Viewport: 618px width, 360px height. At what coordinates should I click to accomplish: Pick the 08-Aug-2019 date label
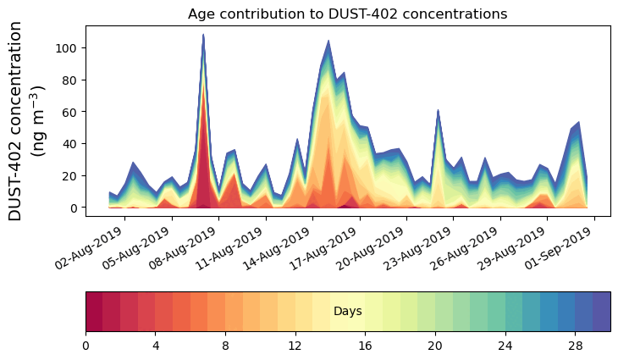(185, 247)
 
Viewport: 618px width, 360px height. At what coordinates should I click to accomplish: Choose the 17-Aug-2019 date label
(326, 247)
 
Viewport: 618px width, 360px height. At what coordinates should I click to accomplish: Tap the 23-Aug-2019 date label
(420, 247)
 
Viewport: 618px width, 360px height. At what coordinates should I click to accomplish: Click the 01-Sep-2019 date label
(561, 247)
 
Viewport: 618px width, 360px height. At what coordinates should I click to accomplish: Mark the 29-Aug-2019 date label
(514, 247)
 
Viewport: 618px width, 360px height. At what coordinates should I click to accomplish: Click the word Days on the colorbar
(348, 312)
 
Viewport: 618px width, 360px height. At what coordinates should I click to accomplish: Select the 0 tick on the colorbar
(86, 346)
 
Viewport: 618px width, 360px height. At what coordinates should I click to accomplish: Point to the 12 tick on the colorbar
(295, 346)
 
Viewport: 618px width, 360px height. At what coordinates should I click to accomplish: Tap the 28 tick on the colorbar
(575, 346)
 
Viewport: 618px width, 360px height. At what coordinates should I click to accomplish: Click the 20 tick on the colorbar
(435, 346)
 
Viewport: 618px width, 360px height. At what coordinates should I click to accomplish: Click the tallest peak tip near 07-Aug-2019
(203, 35)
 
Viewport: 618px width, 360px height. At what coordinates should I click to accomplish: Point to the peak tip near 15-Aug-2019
(328, 41)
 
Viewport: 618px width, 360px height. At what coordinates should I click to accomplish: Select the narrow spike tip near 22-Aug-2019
(438, 110)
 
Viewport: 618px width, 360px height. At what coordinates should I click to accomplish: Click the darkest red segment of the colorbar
(94, 312)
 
